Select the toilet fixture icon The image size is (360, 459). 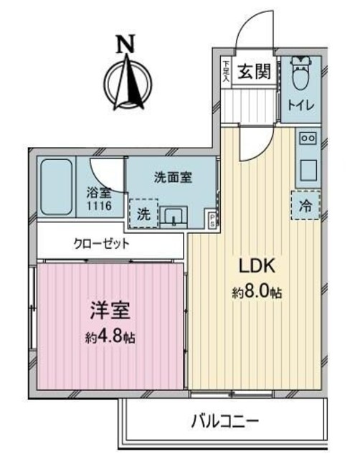click(x=300, y=77)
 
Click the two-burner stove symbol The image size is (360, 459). click(x=308, y=137)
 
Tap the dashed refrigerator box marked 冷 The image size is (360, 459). click(x=306, y=207)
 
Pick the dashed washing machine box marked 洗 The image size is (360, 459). click(x=143, y=212)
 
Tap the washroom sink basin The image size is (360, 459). click(x=176, y=214)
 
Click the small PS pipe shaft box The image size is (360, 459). click(x=211, y=220)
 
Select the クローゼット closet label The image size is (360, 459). click(x=101, y=244)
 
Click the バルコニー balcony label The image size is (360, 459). click(x=224, y=420)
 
